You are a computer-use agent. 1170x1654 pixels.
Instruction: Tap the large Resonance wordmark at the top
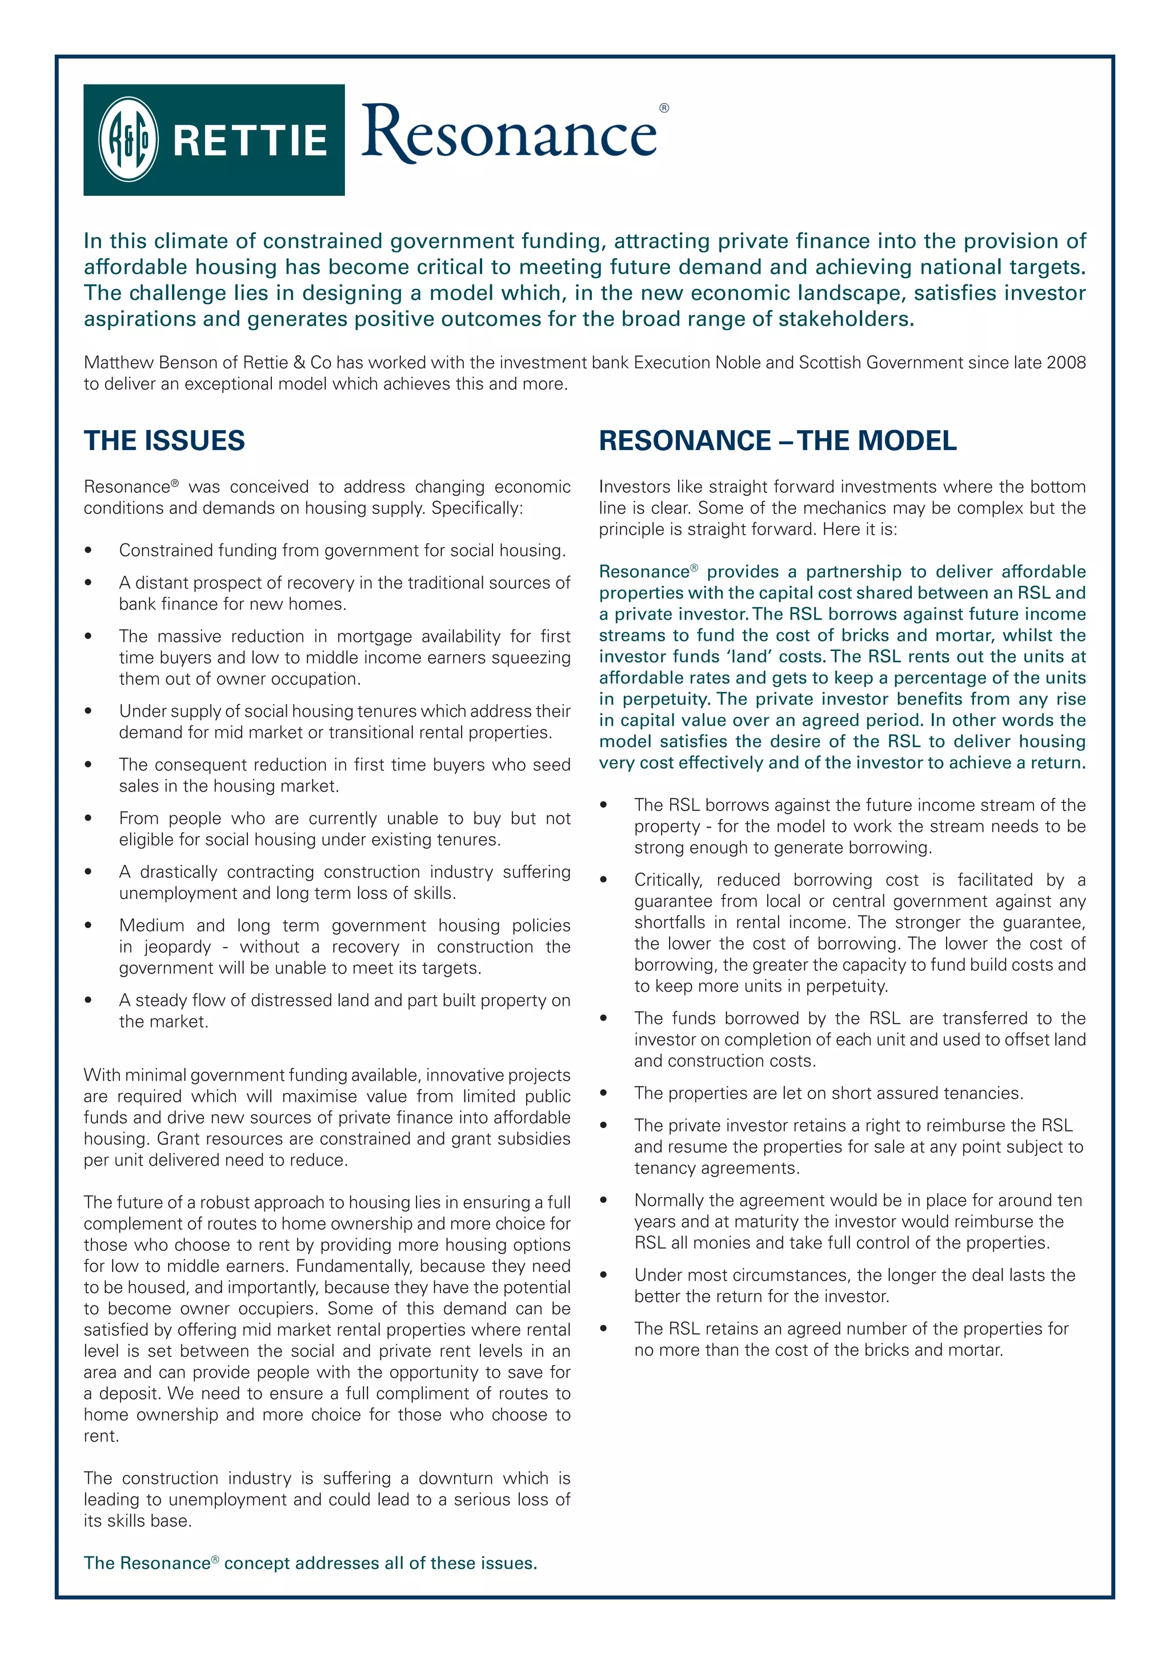pos(508,133)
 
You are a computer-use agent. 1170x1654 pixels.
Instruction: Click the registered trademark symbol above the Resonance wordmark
pos(663,108)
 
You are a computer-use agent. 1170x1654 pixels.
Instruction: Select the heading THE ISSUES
pos(165,440)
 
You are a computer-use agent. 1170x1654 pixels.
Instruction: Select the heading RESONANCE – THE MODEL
pos(778,440)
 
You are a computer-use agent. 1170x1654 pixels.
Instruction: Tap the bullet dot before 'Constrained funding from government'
pos(88,551)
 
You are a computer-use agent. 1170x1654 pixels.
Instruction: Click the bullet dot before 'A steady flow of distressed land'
pos(88,1001)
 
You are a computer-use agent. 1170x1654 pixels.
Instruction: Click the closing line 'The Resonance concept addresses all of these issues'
pos(311,1563)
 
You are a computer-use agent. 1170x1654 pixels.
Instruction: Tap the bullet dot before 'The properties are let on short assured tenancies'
pos(604,1094)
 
